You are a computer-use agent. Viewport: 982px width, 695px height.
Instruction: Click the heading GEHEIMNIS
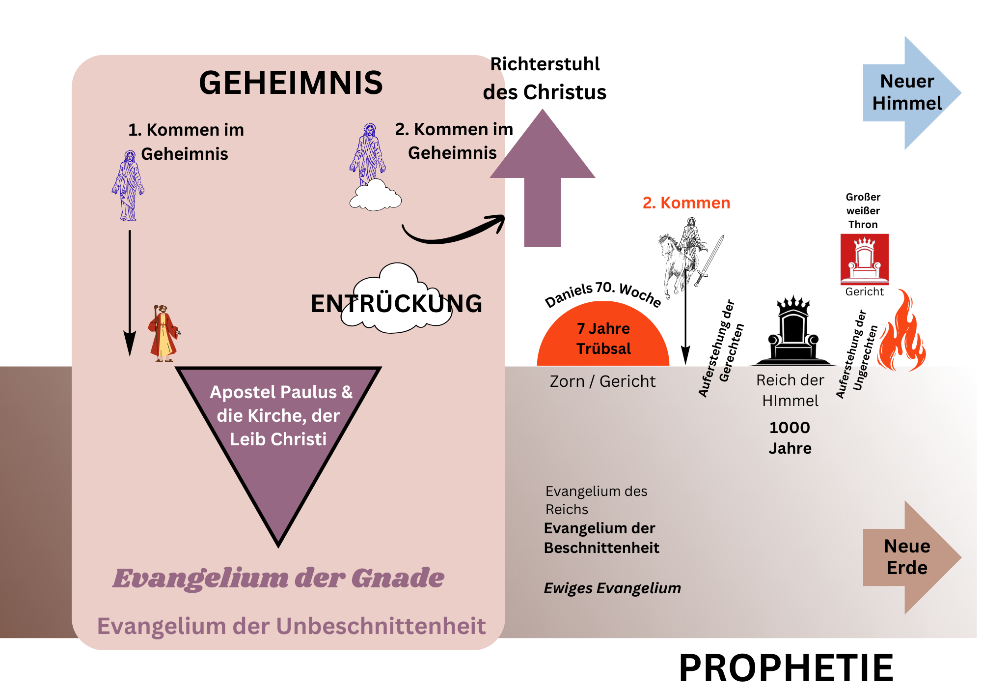coord(291,83)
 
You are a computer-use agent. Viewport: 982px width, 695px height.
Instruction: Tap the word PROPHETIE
coord(786,668)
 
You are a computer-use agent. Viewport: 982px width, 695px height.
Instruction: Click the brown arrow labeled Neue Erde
coord(908,557)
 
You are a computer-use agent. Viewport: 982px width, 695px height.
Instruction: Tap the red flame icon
coord(902,334)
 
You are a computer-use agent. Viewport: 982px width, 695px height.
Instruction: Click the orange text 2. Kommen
coord(686,203)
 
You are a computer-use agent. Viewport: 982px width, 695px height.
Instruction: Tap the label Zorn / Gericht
coord(602,381)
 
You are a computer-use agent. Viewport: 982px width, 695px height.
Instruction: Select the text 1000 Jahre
coord(790,437)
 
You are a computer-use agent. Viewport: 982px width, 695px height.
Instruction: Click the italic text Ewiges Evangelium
coord(612,588)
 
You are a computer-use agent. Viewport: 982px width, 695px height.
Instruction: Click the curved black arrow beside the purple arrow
coord(452,231)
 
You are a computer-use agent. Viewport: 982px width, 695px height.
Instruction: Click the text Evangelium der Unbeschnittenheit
coord(291,626)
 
